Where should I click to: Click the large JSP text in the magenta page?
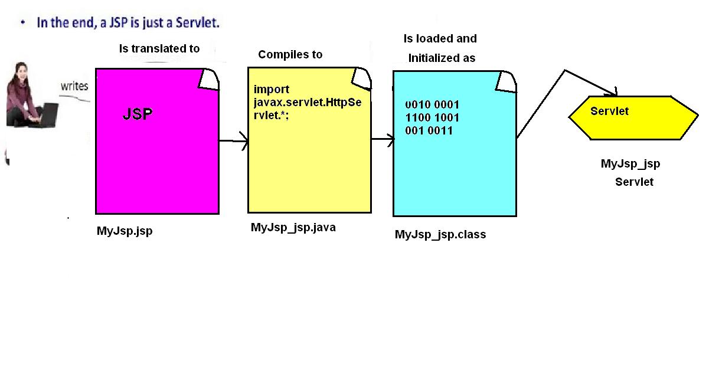[x=138, y=114]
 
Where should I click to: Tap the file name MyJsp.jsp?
[x=125, y=231]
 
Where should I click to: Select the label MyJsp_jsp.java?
[x=293, y=228]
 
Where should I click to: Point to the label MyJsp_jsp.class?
[x=440, y=235]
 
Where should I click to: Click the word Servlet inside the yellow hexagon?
[x=609, y=111]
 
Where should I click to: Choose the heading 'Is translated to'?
[x=159, y=48]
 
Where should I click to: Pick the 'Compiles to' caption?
[x=290, y=54]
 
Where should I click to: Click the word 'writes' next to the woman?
[x=74, y=86]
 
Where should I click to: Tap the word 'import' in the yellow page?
[x=271, y=90]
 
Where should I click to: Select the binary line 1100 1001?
[x=432, y=118]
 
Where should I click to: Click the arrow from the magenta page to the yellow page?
[x=233, y=140]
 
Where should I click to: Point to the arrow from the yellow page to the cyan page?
[x=383, y=139]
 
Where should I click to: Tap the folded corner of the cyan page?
[x=506, y=82]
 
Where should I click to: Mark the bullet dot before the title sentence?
[x=22, y=22]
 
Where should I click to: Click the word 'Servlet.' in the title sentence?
[x=197, y=22]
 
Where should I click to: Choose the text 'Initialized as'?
[x=442, y=58]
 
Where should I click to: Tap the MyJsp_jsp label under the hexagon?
[x=630, y=164]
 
